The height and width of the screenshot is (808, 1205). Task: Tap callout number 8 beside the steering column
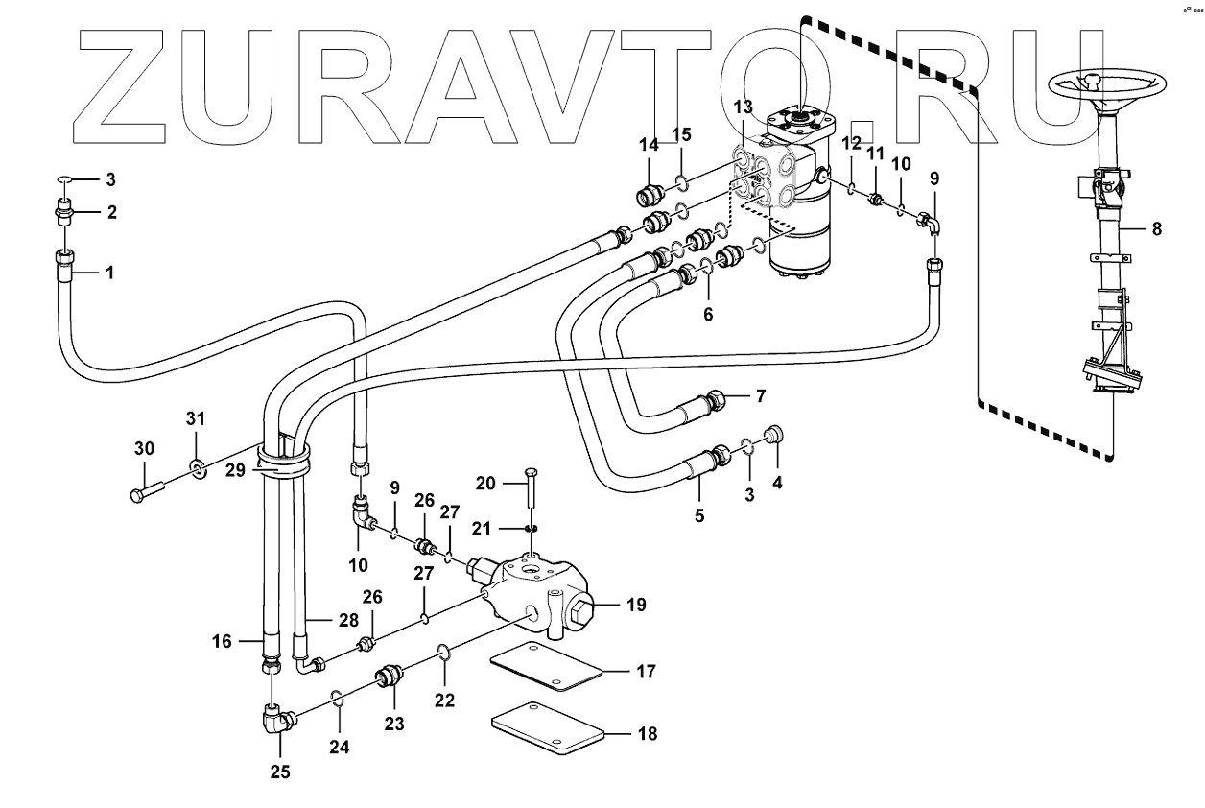coord(1157,229)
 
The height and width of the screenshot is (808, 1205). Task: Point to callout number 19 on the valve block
coord(635,605)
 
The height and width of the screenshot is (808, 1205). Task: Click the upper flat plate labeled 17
coord(545,668)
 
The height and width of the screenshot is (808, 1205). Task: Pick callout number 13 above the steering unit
coord(744,107)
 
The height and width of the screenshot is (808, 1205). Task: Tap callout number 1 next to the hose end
coord(109,273)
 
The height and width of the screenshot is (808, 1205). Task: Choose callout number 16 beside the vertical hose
coord(222,641)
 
